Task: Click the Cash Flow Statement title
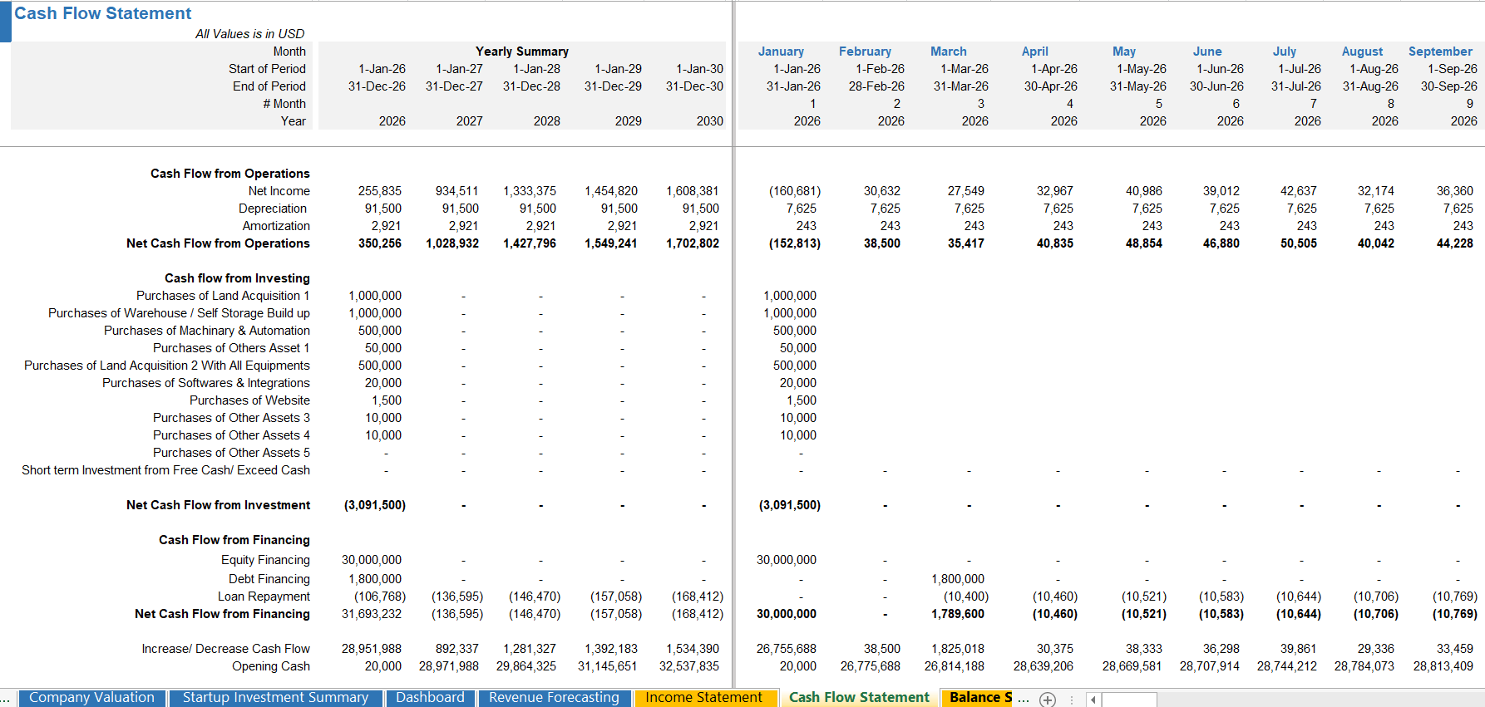[102, 13]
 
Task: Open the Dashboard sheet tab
[430, 698]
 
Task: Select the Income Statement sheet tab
[703, 698]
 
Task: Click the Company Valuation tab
[91, 698]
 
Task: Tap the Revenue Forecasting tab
[554, 698]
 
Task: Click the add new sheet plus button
[1048, 700]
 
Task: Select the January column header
[781, 52]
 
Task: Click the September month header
[1440, 52]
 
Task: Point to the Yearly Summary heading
[522, 52]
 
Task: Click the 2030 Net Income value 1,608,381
[692, 191]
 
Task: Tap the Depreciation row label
[272, 209]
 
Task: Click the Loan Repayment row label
[264, 597]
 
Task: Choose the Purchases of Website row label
[249, 400]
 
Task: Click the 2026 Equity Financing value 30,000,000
[371, 560]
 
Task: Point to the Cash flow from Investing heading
[237, 278]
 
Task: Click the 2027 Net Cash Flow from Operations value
[452, 243]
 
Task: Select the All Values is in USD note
[249, 34]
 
